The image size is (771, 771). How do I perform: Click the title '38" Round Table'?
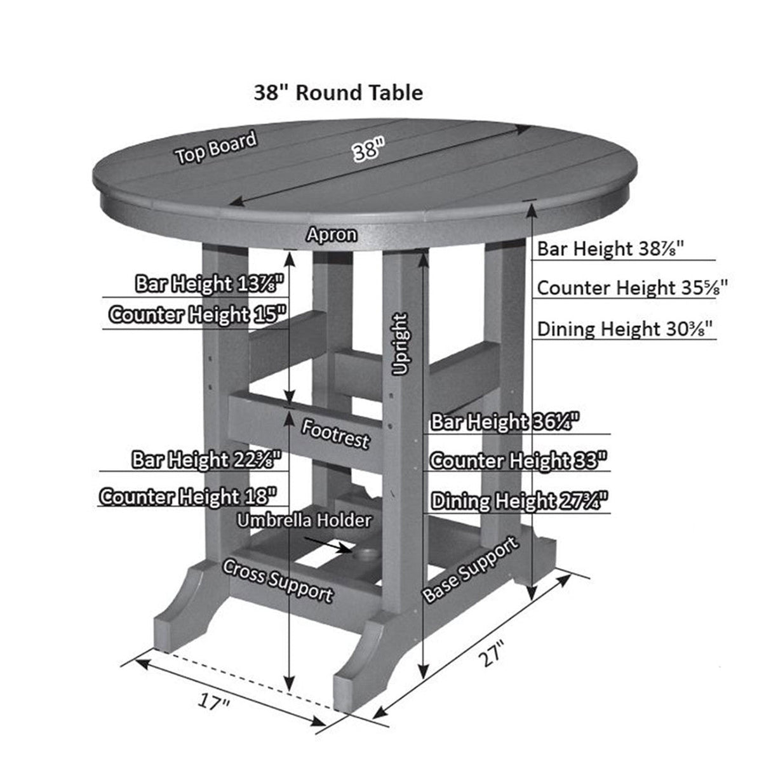point(338,93)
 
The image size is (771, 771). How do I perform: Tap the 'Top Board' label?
point(217,148)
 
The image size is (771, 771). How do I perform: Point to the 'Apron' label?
point(331,234)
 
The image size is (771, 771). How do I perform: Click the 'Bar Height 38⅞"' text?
point(610,248)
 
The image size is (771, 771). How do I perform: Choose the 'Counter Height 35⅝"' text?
point(632,288)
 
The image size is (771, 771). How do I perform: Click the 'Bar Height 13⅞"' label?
point(208,284)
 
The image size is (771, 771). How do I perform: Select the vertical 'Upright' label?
point(400,344)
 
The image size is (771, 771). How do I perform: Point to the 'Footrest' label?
point(335,434)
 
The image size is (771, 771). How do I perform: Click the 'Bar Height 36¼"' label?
point(505,422)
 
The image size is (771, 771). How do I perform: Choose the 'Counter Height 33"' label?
point(518,460)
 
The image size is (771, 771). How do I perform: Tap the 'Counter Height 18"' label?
point(188,495)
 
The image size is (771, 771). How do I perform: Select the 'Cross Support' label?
point(277,580)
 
